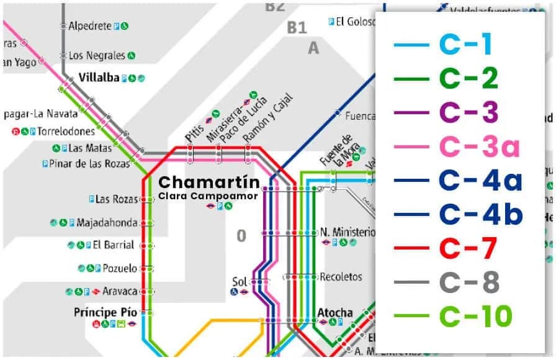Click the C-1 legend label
coord(465,45)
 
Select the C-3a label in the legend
coord(479,147)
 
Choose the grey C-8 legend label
coord(469,283)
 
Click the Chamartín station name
coord(200,183)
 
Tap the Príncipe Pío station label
coord(105,312)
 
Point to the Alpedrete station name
coord(89,26)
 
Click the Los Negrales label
coord(97,55)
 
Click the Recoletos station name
coord(341,277)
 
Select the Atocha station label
coord(335,312)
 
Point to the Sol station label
coord(240,281)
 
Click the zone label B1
coord(297,28)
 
